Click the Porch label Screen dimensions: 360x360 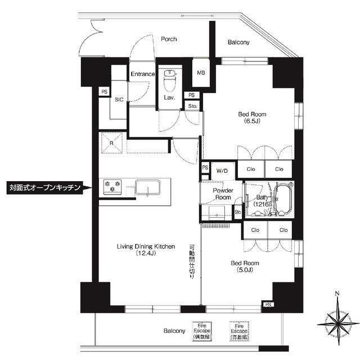[169, 39]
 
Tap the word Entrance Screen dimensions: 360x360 [142, 74]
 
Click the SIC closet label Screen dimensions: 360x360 [119, 100]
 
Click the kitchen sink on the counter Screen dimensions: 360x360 [147, 187]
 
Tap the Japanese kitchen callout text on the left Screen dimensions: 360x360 [46, 187]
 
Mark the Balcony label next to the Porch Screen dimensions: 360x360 [239, 42]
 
